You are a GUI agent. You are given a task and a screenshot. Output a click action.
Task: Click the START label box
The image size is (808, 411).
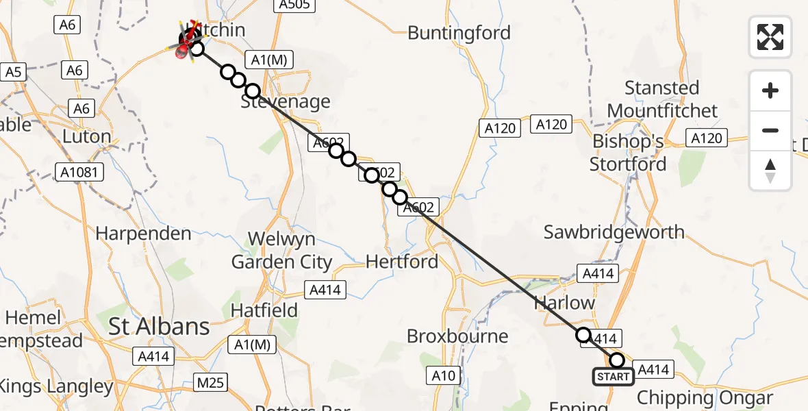click(613, 377)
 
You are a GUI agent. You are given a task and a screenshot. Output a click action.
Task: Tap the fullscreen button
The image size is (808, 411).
click(770, 37)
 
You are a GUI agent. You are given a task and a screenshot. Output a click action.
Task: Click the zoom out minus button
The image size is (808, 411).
click(770, 130)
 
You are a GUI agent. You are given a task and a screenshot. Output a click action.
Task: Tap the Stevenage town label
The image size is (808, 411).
click(286, 102)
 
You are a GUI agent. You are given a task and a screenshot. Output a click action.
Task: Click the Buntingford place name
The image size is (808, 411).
click(459, 33)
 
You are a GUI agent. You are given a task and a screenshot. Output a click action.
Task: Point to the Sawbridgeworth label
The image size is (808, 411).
click(614, 232)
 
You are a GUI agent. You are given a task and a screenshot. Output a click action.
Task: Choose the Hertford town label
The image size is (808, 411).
click(402, 261)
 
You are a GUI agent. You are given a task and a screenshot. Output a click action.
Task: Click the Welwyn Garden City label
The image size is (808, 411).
click(281, 250)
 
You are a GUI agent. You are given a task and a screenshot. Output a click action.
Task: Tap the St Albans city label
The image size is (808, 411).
click(160, 327)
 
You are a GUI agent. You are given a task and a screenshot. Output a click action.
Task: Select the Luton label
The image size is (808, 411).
click(86, 136)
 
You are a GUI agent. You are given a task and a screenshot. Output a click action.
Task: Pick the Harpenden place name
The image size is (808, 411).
click(143, 234)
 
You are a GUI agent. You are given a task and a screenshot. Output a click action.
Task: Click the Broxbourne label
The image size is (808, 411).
click(457, 336)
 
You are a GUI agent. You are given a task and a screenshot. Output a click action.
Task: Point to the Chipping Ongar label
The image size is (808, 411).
click(705, 398)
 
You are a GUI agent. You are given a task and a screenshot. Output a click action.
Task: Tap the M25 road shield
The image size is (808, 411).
click(209, 382)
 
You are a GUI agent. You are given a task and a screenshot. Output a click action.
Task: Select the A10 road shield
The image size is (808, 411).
click(444, 375)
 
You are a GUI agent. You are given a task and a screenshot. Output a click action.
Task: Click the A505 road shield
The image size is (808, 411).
click(294, 5)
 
